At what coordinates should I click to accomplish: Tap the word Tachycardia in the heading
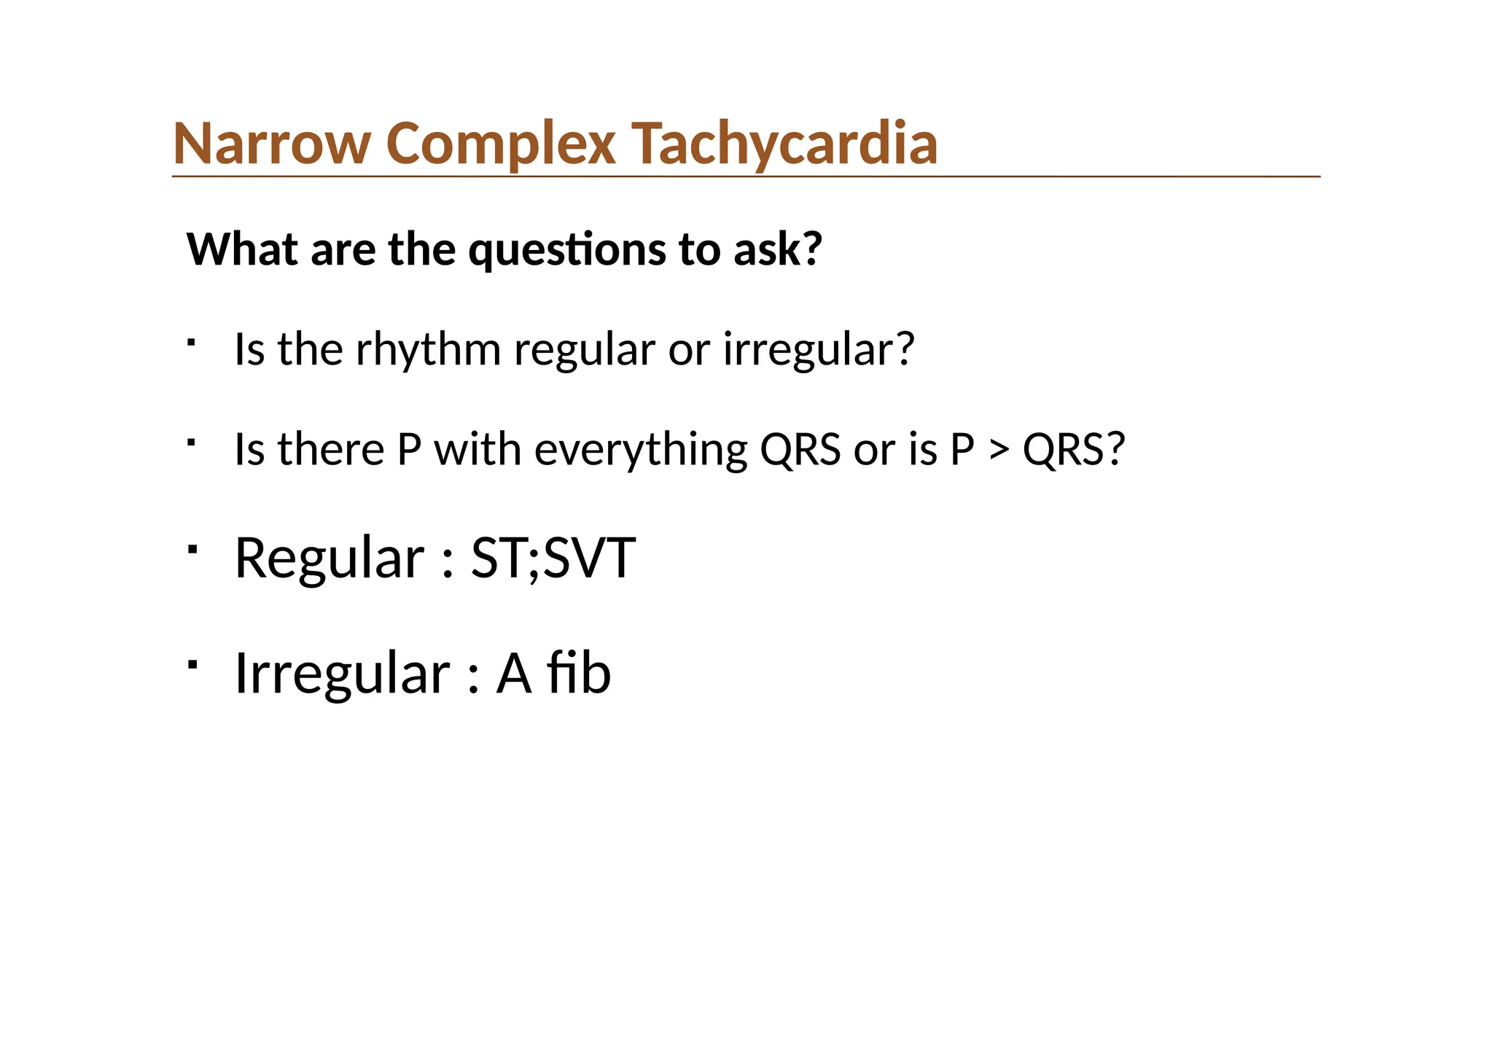coord(784,144)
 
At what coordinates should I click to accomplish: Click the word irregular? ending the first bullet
coord(818,350)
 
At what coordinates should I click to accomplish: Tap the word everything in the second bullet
coord(641,450)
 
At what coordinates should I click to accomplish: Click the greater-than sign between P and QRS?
coord(998,451)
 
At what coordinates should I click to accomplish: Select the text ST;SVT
coord(553,558)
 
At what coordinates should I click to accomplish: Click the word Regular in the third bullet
coord(329,558)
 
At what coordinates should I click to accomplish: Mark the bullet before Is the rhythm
coord(192,342)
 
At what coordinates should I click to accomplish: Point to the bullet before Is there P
coord(192,442)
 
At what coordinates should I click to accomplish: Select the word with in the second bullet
coord(477,450)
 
